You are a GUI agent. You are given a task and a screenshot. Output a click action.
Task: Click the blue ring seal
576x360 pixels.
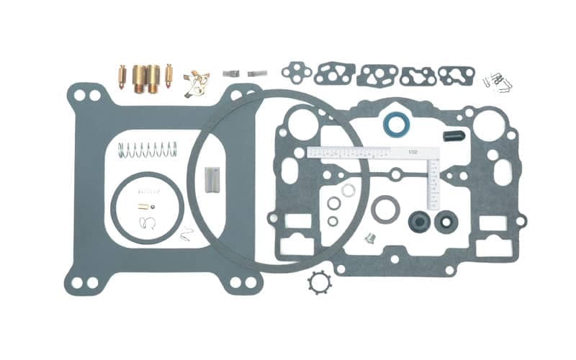(394, 124)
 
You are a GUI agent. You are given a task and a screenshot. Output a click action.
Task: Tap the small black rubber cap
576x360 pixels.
(454, 135)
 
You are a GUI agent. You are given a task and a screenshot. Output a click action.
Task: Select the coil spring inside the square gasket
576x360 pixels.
(147, 150)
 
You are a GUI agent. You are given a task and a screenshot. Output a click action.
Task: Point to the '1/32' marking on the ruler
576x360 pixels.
(413, 152)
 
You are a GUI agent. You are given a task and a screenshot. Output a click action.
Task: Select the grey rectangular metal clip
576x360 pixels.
(212, 177)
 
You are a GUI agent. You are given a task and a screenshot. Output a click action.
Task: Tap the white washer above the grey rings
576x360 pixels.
(348, 190)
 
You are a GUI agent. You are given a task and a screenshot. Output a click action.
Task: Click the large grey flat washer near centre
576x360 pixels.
(386, 209)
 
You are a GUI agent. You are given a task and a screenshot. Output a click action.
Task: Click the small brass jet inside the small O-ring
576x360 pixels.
(145, 207)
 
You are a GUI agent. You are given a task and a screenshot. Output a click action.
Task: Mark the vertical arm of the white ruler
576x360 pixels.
(433, 184)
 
